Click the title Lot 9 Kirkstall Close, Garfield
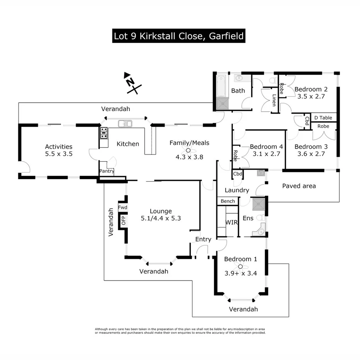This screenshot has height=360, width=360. (x=178, y=36)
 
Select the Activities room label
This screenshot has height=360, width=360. (x=59, y=146)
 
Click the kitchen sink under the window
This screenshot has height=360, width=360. (x=125, y=124)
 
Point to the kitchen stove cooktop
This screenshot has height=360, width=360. (x=104, y=133)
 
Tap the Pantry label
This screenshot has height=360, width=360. (x=107, y=171)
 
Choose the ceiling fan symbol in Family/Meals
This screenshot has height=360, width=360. (x=188, y=150)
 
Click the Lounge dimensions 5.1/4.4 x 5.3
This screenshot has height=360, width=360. (x=161, y=218)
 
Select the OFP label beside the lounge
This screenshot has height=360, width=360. (x=124, y=221)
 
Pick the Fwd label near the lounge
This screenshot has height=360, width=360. (x=123, y=207)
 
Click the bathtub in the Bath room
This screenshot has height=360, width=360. (x=221, y=85)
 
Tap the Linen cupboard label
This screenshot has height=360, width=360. (x=274, y=100)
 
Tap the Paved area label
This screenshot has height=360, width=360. (x=299, y=186)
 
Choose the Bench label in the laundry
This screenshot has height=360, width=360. (x=228, y=201)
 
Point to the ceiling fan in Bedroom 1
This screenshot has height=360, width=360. (x=240, y=267)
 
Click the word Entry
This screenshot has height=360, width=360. (x=203, y=239)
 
